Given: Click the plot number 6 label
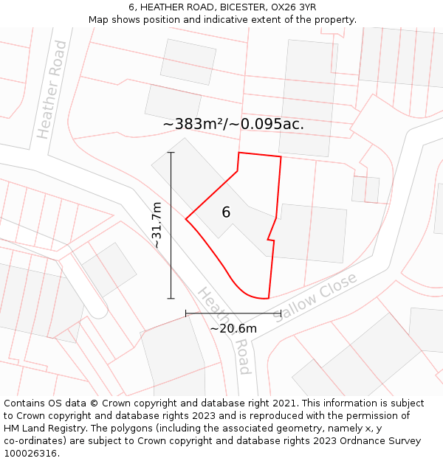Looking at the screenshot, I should (226, 212).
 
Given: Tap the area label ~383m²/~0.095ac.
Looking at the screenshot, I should (233, 124).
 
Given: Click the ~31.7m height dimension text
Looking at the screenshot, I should (157, 225).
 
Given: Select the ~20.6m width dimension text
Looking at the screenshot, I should (233, 328).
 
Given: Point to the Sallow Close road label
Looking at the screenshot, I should (316, 297).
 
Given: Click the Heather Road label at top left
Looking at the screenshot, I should (52, 90).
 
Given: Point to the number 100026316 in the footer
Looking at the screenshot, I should (31, 454).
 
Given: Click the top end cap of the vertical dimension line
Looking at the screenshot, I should (171, 153).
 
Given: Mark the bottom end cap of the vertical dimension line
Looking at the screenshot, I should (171, 299).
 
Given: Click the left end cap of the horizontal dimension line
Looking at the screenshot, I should (185, 313).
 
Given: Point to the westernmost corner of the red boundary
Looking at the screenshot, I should (186, 218).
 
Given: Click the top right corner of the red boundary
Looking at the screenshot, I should (281, 156).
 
